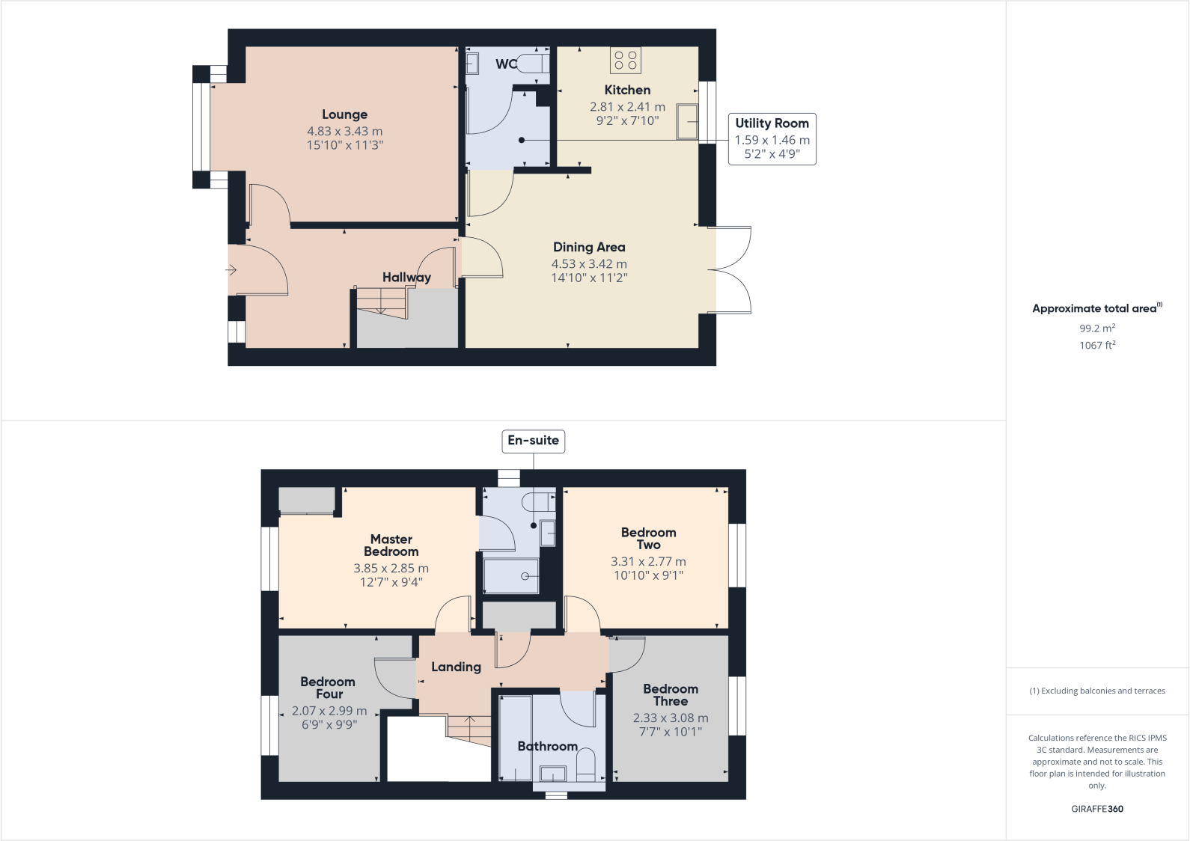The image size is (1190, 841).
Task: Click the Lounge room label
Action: (344, 114)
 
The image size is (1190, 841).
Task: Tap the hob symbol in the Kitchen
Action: (626, 60)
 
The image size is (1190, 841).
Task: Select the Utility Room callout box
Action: (772, 138)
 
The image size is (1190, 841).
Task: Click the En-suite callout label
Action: (533, 441)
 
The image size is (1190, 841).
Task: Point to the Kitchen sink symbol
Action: (687, 121)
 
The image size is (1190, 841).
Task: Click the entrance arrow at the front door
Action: (231, 269)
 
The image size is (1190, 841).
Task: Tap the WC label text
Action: (505, 64)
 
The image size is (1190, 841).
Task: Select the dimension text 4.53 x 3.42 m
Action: (589, 263)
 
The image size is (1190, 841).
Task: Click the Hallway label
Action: (406, 278)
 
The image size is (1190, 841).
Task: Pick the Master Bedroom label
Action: (391, 545)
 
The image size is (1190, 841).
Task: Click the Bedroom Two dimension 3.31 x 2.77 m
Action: (648, 561)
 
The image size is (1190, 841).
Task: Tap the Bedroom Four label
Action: (328, 688)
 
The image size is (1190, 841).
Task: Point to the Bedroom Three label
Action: (671, 694)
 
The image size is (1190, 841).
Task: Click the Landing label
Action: (456, 667)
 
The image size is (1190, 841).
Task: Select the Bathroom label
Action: (547, 746)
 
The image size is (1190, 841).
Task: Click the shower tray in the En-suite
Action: (511, 575)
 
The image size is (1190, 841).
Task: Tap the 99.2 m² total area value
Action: (1096, 328)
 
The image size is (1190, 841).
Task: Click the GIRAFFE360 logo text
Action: (1096, 809)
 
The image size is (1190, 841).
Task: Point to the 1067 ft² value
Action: (1096, 345)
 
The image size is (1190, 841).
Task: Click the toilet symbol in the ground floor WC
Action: (533, 62)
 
